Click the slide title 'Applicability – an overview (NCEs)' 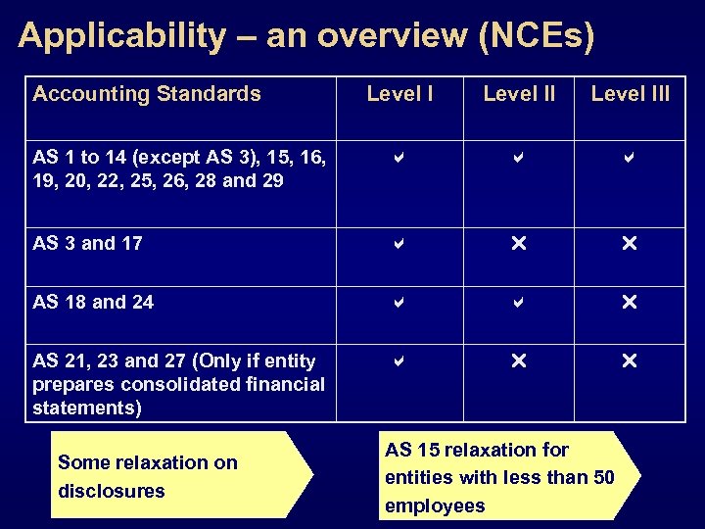pos(305,36)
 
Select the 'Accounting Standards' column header pos(147,94)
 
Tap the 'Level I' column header pos(399,94)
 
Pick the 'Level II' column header pos(519,94)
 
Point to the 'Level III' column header pos(631,94)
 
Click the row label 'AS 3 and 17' pos(87,243)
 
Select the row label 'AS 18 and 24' pos(93,302)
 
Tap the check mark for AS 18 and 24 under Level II pos(519,303)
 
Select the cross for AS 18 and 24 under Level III pos(630,303)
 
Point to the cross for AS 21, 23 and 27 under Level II pos(519,361)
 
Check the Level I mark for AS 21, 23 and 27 pos(399,361)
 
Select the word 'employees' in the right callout pos(435,505)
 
